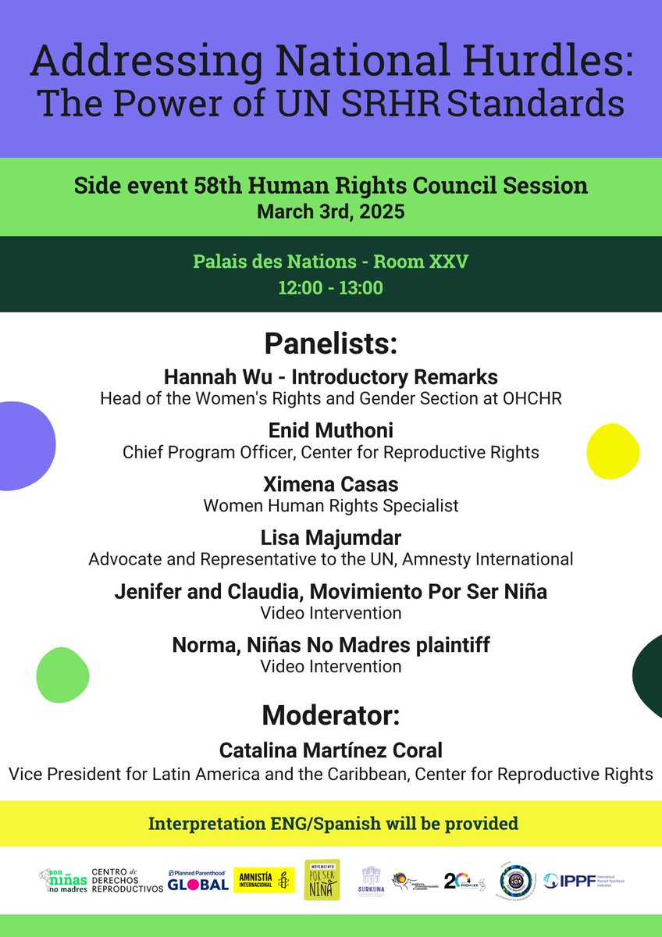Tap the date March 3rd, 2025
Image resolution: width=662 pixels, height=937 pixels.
pyautogui.click(x=331, y=212)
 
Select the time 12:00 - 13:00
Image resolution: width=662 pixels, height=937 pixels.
pyautogui.click(x=331, y=288)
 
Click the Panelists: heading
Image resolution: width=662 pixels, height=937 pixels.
pyautogui.click(x=331, y=344)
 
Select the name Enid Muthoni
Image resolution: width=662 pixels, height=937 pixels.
pyautogui.click(x=331, y=431)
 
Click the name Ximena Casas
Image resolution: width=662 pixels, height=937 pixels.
pyautogui.click(x=331, y=484)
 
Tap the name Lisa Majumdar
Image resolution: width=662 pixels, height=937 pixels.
pyautogui.click(x=331, y=538)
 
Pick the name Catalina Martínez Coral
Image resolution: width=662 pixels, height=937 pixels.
pyautogui.click(x=331, y=751)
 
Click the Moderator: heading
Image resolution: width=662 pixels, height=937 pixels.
pyautogui.click(x=331, y=714)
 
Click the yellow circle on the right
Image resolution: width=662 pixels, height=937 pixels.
pyautogui.click(x=613, y=451)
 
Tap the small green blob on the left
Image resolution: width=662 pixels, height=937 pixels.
pyautogui.click(x=62, y=675)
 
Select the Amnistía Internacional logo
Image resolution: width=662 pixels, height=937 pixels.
pyautogui.click(x=264, y=881)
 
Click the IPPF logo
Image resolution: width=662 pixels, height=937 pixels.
pyautogui.click(x=584, y=881)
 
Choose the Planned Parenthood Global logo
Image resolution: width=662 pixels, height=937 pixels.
pyautogui.click(x=198, y=881)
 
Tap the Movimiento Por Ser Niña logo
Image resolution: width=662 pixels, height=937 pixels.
pyautogui.click(x=322, y=880)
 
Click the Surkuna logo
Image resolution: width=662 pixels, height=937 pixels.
pyautogui.click(x=372, y=882)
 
